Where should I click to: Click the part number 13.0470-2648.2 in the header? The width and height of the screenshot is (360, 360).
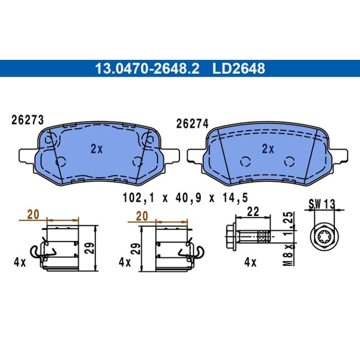(147, 68)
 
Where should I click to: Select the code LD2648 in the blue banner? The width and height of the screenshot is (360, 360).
(238, 68)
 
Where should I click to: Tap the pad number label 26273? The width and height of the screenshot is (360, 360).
(28, 120)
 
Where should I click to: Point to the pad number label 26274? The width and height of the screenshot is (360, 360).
(192, 124)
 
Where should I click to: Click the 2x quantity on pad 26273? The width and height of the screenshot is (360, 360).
(97, 149)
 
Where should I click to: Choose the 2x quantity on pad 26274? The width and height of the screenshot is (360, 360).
(268, 149)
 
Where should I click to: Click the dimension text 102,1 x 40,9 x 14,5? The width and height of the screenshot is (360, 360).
(186, 198)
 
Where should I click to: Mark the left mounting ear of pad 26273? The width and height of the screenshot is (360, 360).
(27, 156)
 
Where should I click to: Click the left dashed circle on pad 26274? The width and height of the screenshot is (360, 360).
(245, 162)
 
